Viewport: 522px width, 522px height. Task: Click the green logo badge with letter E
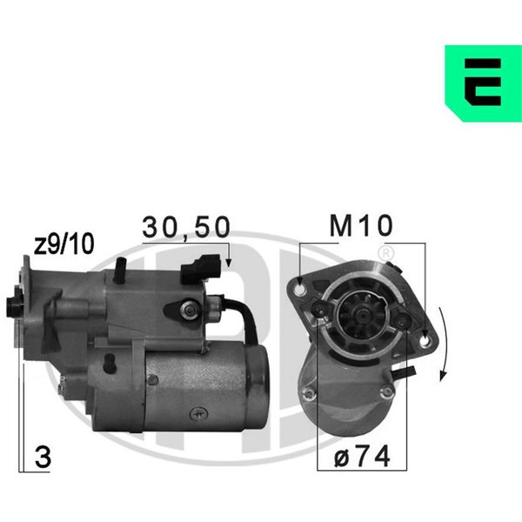click(484, 84)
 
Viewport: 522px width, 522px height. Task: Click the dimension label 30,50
click(186, 227)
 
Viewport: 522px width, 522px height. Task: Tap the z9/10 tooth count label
click(64, 244)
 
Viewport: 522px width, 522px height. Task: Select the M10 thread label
click(361, 225)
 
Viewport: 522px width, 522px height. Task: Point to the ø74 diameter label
click(362, 456)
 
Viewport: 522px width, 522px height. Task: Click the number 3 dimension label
click(43, 458)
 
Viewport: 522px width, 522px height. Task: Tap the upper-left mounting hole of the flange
click(300, 290)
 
